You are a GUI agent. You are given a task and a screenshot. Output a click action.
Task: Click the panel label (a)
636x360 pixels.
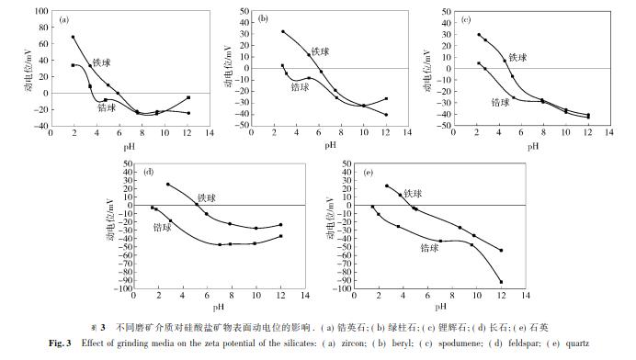[65, 18]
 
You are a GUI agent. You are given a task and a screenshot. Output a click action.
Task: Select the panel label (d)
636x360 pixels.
[149, 172]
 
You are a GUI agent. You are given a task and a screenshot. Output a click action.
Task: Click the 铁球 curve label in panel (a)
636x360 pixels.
[102, 63]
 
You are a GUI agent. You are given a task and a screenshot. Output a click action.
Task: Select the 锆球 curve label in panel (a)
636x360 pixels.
[108, 107]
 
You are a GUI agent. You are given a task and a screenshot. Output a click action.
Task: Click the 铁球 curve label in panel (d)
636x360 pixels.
[209, 197]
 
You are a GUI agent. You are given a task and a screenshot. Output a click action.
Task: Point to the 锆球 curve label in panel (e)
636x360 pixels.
[430, 247]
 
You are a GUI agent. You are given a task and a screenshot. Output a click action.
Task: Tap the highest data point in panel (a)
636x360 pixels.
[73, 38]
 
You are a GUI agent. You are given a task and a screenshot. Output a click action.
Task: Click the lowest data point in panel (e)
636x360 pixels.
[501, 282]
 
